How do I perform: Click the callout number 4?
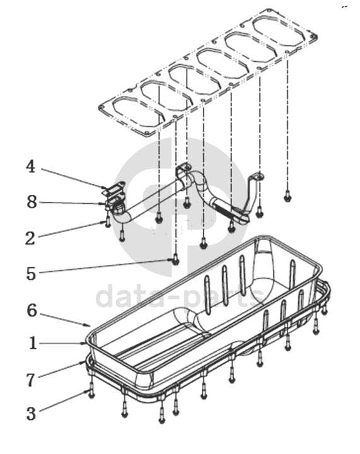(x=31, y=166)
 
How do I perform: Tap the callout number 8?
(x=32, y=202)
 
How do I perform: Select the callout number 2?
(x=30, y=238)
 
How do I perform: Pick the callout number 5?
(x=31, y=274)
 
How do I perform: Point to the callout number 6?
(x=32, y=310)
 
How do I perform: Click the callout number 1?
(x=33, y=344)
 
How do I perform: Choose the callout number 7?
(x=31, y=380)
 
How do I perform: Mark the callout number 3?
(x=31, y=414)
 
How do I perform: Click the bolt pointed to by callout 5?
(x=175, y=259)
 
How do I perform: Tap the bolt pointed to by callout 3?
(x=91, y=390)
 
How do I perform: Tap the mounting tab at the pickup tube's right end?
(x=258, y=177)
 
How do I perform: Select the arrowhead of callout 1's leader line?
(x=84, y=344)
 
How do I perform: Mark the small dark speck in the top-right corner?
(x=344, y=7)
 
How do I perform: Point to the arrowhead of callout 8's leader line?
(x=107, y=204)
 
